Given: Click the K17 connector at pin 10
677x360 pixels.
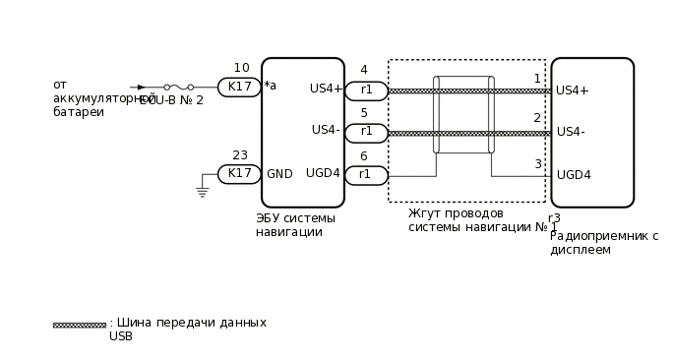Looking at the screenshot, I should [239, 87].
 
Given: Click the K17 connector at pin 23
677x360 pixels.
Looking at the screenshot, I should [239, 173].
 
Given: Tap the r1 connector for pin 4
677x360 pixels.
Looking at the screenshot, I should [366, 90].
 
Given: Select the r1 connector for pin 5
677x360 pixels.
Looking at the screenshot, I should [366, 132].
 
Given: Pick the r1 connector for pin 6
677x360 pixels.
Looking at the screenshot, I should [366, 175].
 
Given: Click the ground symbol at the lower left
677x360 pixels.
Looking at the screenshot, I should [203, 192].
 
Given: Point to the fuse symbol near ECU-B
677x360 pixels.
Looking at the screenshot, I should [178, 87].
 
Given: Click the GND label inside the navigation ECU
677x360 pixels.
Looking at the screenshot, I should [279, 174].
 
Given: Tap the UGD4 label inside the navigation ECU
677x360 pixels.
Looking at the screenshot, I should [323, 173].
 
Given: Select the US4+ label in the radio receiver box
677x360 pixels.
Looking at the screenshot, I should [573, 90].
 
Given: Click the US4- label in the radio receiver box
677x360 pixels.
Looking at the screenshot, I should [571, 132].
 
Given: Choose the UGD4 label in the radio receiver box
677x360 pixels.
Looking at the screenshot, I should [574, 175].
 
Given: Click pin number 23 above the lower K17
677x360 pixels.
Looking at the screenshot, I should [240, 155].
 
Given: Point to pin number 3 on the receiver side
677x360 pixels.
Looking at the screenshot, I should [537, 164].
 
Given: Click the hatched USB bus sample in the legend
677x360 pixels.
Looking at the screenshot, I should [79, 325].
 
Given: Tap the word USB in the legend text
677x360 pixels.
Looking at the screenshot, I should [121, 336].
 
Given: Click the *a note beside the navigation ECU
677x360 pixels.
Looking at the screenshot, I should [270, 86].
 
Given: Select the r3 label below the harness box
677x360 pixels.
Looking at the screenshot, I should [554, 218].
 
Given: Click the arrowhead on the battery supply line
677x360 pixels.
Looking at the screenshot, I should [142, 87].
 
